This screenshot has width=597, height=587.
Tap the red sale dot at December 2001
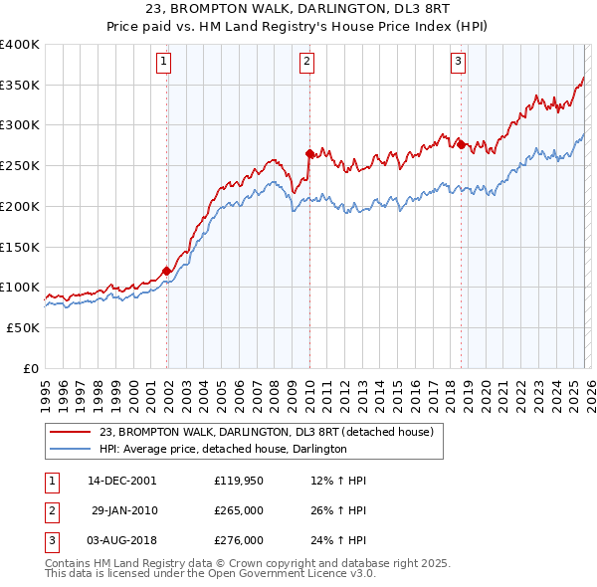(166, 271)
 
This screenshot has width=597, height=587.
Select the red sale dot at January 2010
(309, 153)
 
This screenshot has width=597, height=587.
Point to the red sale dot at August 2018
(461, 144)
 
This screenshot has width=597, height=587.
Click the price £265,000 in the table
(239, 510)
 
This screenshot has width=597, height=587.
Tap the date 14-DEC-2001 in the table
(122, 481)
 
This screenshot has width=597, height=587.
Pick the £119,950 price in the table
(239, 481)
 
